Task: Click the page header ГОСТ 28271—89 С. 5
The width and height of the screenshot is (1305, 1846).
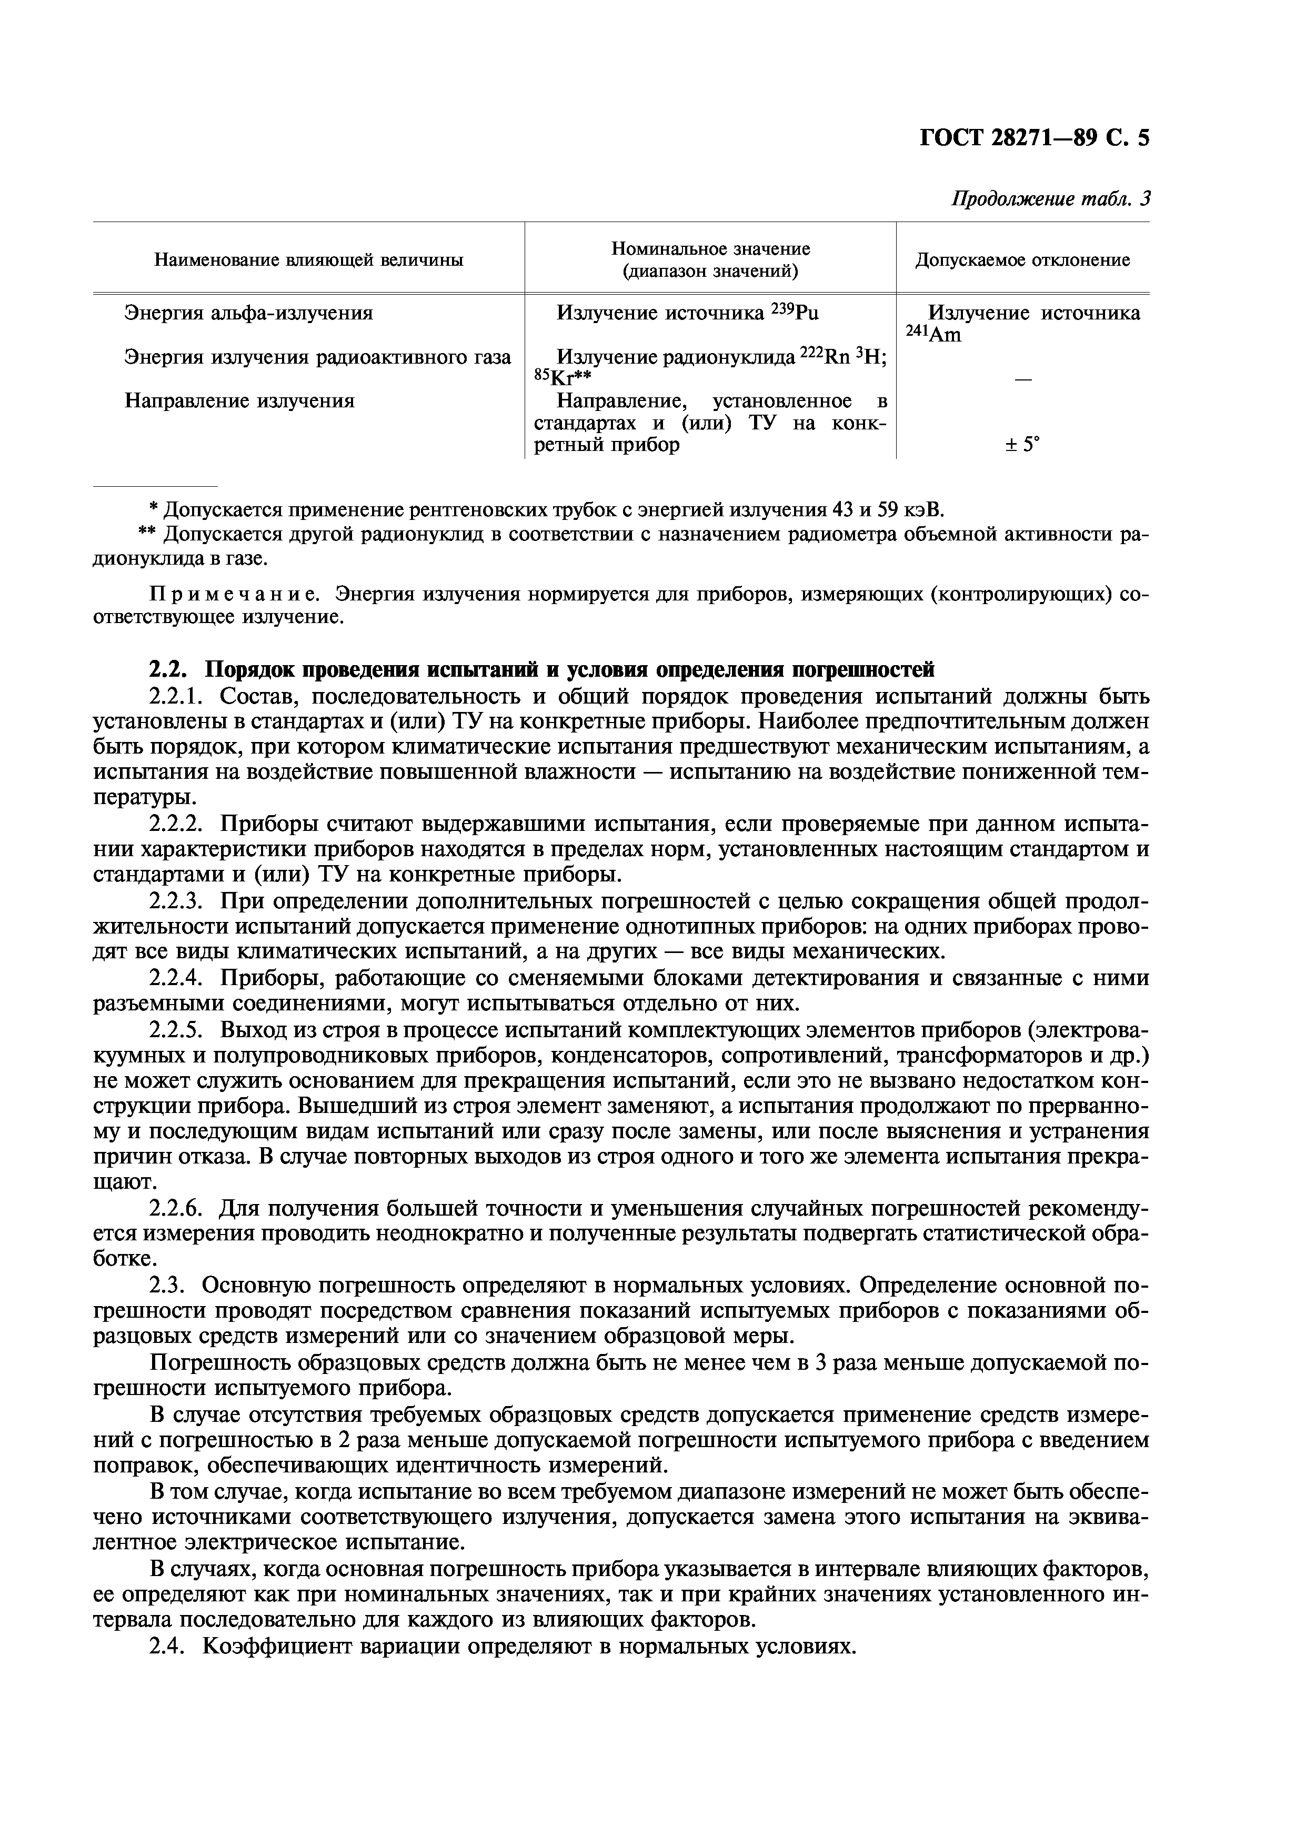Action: tap(1034, 139)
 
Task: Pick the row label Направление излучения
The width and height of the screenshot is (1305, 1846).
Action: tap(239, 400)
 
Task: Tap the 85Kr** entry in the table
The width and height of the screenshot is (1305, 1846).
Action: tap(563, 377)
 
